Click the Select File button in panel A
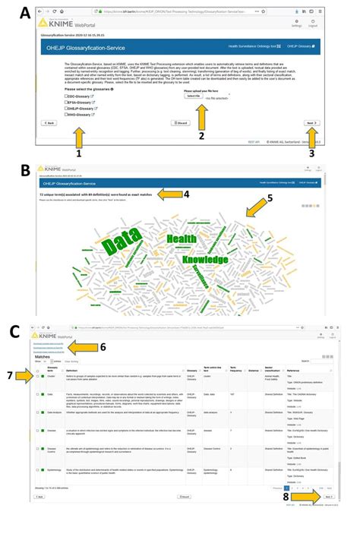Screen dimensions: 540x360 pyautogui.click(x=193, y=96)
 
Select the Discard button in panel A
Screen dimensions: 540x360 pyautogui.click(x=182, y=122)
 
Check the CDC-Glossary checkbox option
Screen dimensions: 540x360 pyautogui.click(x=67, y=97)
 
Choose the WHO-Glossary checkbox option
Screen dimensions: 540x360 pyautogui.click(x=67, y=115)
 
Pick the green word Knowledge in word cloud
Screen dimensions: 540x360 pyautogui.click(x=204, y=261)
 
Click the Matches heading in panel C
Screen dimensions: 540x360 pyautogui.click(x=43, y=356)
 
